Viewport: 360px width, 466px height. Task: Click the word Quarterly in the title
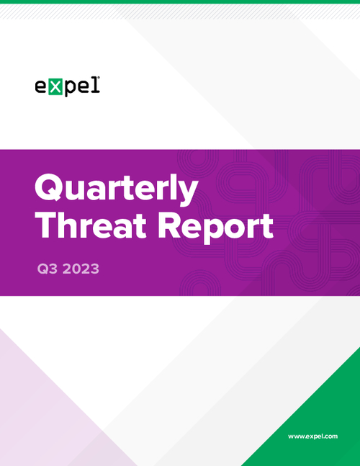point(117,189)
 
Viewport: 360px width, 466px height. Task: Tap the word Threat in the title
point(91,226)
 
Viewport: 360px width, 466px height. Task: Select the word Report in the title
point(215,228)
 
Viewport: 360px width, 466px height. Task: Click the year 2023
point(81,269)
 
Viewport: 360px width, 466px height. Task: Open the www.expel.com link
point(312,436)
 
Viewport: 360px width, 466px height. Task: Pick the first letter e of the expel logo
point(41,86)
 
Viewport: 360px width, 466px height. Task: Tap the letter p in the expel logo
point(71,89)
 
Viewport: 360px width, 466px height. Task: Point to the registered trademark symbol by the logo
point(99,78)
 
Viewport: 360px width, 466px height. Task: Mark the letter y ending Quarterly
point(189,193)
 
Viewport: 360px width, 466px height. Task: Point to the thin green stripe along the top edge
point(180,1)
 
